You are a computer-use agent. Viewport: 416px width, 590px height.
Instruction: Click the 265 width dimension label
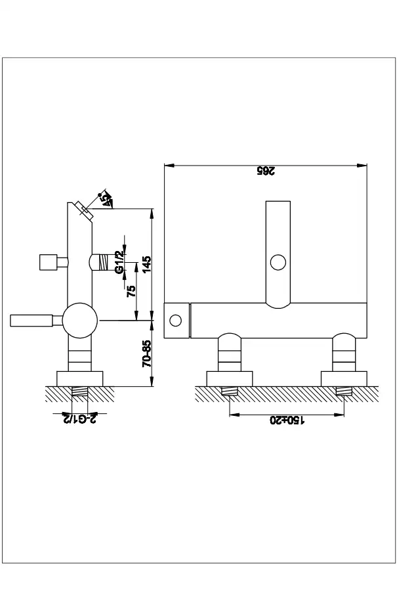pyautogui.click(x=266, y=170)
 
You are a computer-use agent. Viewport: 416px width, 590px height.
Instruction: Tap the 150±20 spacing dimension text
pyautogui.click(x=287, y=420)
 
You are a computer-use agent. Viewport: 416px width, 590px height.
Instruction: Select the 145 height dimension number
pyautogui.click(x=147, y=264)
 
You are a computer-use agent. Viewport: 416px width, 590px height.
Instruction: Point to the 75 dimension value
pyautogui.click(x=131, y=291)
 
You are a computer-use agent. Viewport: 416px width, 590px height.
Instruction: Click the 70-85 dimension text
pyautogui.click(x=147, y=353)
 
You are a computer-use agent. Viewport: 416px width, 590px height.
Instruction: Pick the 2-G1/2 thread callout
pyautogui.click(x=79, y=419)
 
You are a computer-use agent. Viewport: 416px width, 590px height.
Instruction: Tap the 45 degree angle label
pyautogui.click(x=107, y=200)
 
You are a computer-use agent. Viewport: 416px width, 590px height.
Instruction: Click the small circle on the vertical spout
pyautogui.click(x=278, y=262)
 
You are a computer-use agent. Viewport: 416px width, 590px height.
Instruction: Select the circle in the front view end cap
pyautogui.click(x=175, y=321)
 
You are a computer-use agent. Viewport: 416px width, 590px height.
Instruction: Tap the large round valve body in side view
pyautogui.click(x=80, y=321)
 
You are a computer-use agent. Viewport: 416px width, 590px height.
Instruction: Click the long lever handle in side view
pyautogui.click(x=31, y=321)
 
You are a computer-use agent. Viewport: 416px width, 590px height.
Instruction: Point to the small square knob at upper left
pyautogui.click(x=48, y=262)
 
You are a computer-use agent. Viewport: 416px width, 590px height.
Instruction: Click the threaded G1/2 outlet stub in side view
pyautogui.click(x=99, y=262)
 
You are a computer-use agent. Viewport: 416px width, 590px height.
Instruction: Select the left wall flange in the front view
pyautogui.click(x=230, y=378)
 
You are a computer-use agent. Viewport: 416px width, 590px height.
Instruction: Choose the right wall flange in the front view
pyautogui.click(x=344, y=378)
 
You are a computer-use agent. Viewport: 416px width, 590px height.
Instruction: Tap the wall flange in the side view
pyautogui.click(x=79, y=378)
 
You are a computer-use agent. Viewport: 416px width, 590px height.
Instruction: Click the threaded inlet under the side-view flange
pyautogui.click(x=79, y=392)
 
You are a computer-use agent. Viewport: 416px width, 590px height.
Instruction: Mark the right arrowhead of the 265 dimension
pyautogui.click(x=362, y=165)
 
